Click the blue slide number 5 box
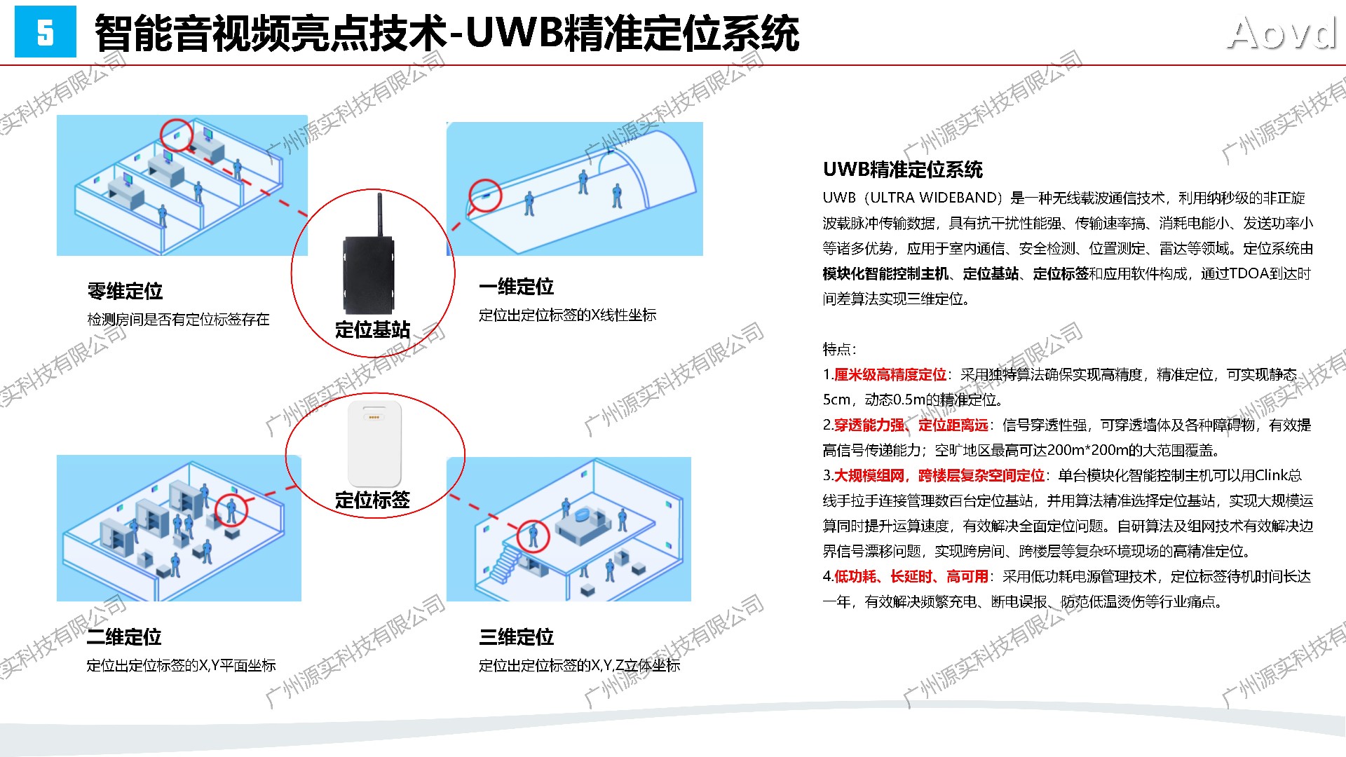pyautogui.click(x=45, y=32)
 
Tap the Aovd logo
pyautogui.click(x=1282, y=33)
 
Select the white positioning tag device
pyautogui.click(x=374, y=443)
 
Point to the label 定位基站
pyautogui.click(x=372, y=329)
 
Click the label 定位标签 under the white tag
pyautogui.click(x=372, y=500)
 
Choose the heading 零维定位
pyautogui.click(x=125, y=291)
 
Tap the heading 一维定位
pyautogui.click(x=516, y=287)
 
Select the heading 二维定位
pyautogui.click(x=124, y=637)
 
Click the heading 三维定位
pyautogui.click(x=516, y=637)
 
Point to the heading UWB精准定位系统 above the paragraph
pyautogui.click(x=903, y=170)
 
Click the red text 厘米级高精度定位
pyautogui.click(x=890, y=375)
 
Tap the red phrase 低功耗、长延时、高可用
pyautogui.click(x=911, y=577)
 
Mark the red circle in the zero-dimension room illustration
pyautogui.click(x=177, y=135)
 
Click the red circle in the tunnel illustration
pyautogui.click(x=486, y=195)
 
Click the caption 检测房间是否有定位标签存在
pyautogui.click(x=178, y=320)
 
